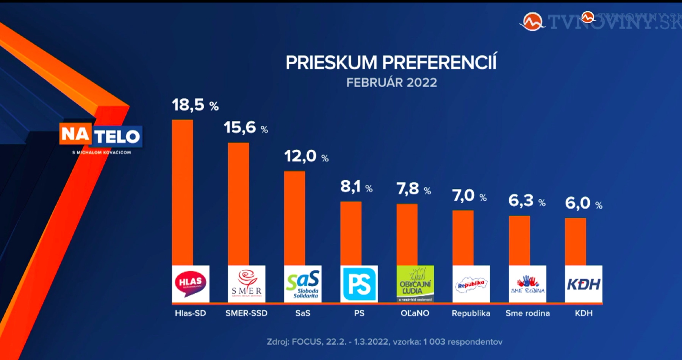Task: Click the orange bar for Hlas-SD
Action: click(x=182, y=193)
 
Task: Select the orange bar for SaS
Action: click(x=294, y=218)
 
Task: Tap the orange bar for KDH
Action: click(x=575, y=241)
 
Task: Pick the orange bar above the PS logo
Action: click(x=351, y=233)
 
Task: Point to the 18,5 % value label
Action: click(x=195, y=105)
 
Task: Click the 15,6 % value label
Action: click(x=246, y=128)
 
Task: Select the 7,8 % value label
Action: click(x=413, y=189)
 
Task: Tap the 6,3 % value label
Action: click(x=527, y=201)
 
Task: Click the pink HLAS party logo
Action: click(x=191, y=284)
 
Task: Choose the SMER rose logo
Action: click(x=247, y=284)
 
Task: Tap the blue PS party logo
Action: click(x=359, y=284)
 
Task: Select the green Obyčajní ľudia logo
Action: click(x=415, y=284)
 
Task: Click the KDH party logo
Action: click(x=583, y=284)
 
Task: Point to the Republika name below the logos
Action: click(x=471, y=313)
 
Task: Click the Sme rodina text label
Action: click(x=527, y=313)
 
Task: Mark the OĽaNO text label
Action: click(x=415, y=313)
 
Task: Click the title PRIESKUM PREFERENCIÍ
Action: click(x=391, y=63)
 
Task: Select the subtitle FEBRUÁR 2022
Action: click(x=391, y=83)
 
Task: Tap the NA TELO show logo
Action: click(x=101, y=135)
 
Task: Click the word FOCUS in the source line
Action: click(x=307, y=342)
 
